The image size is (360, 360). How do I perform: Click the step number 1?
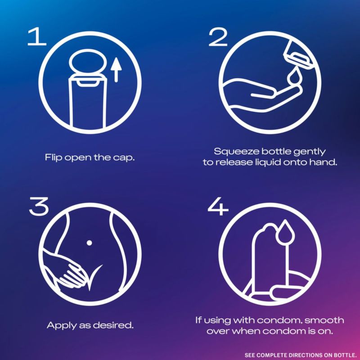(x=37, y=36)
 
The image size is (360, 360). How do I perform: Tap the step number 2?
(x=218, y=37)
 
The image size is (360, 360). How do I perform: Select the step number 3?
(x=39, y=206)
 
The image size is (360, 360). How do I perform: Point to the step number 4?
(x=218, y=206)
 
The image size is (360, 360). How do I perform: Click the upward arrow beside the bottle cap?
(x=116, y=70)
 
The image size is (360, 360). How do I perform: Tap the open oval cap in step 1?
(x=88, y=62)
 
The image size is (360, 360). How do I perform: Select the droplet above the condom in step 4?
(x=285, y=232)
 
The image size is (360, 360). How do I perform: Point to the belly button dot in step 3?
(x=89, y=243)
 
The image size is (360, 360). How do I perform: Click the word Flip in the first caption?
(x=54, y=158)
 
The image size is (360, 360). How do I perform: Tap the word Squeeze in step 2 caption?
(x=236, y=152)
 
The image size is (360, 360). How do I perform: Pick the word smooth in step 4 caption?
(x=324, y=320)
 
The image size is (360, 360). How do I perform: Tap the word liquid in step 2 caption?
(x=268, y=162)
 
